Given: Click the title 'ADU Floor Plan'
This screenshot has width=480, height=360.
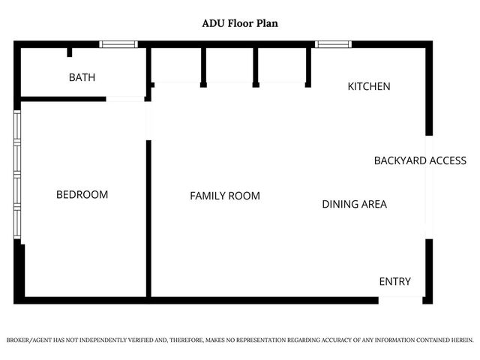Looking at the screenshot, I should pos(240,23).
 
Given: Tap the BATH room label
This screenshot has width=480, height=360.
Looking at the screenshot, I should pos(82,77).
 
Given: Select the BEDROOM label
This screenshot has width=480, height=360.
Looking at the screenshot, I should pos(82,194).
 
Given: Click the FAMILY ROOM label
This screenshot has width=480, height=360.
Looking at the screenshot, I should pos(224,196).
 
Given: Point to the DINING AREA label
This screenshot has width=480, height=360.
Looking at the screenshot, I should pos(354,204).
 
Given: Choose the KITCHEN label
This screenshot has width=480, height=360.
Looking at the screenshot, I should pos(368,86).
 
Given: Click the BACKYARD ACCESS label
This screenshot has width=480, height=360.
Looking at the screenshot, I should pos(420,160).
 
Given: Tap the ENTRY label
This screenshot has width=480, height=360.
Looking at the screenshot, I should pos(394,281).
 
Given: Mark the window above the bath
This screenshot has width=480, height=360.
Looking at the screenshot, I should pos(120,44).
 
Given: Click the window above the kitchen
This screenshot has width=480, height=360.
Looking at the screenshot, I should pos(333,44).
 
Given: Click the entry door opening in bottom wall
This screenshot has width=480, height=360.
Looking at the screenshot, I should pos(400,300).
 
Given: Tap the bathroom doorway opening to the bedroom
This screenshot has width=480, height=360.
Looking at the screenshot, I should pos(125,98).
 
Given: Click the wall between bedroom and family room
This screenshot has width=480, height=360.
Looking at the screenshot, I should pos(148,217).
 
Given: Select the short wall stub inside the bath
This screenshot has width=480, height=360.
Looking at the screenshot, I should pos(69,52).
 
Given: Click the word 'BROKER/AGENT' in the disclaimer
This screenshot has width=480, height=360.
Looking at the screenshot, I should pos(29,340).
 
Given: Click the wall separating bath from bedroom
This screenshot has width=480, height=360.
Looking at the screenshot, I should pos(64,98).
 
